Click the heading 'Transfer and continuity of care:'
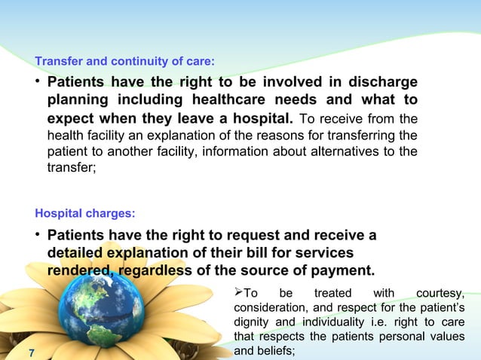click(125, 61)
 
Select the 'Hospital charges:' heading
click(81, 213)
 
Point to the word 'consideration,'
click(271, 308)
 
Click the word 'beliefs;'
click(274, 351)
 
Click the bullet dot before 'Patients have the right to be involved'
click(37, 81)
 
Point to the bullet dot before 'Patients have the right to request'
click(37, 234)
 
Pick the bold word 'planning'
click(79, 101)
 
